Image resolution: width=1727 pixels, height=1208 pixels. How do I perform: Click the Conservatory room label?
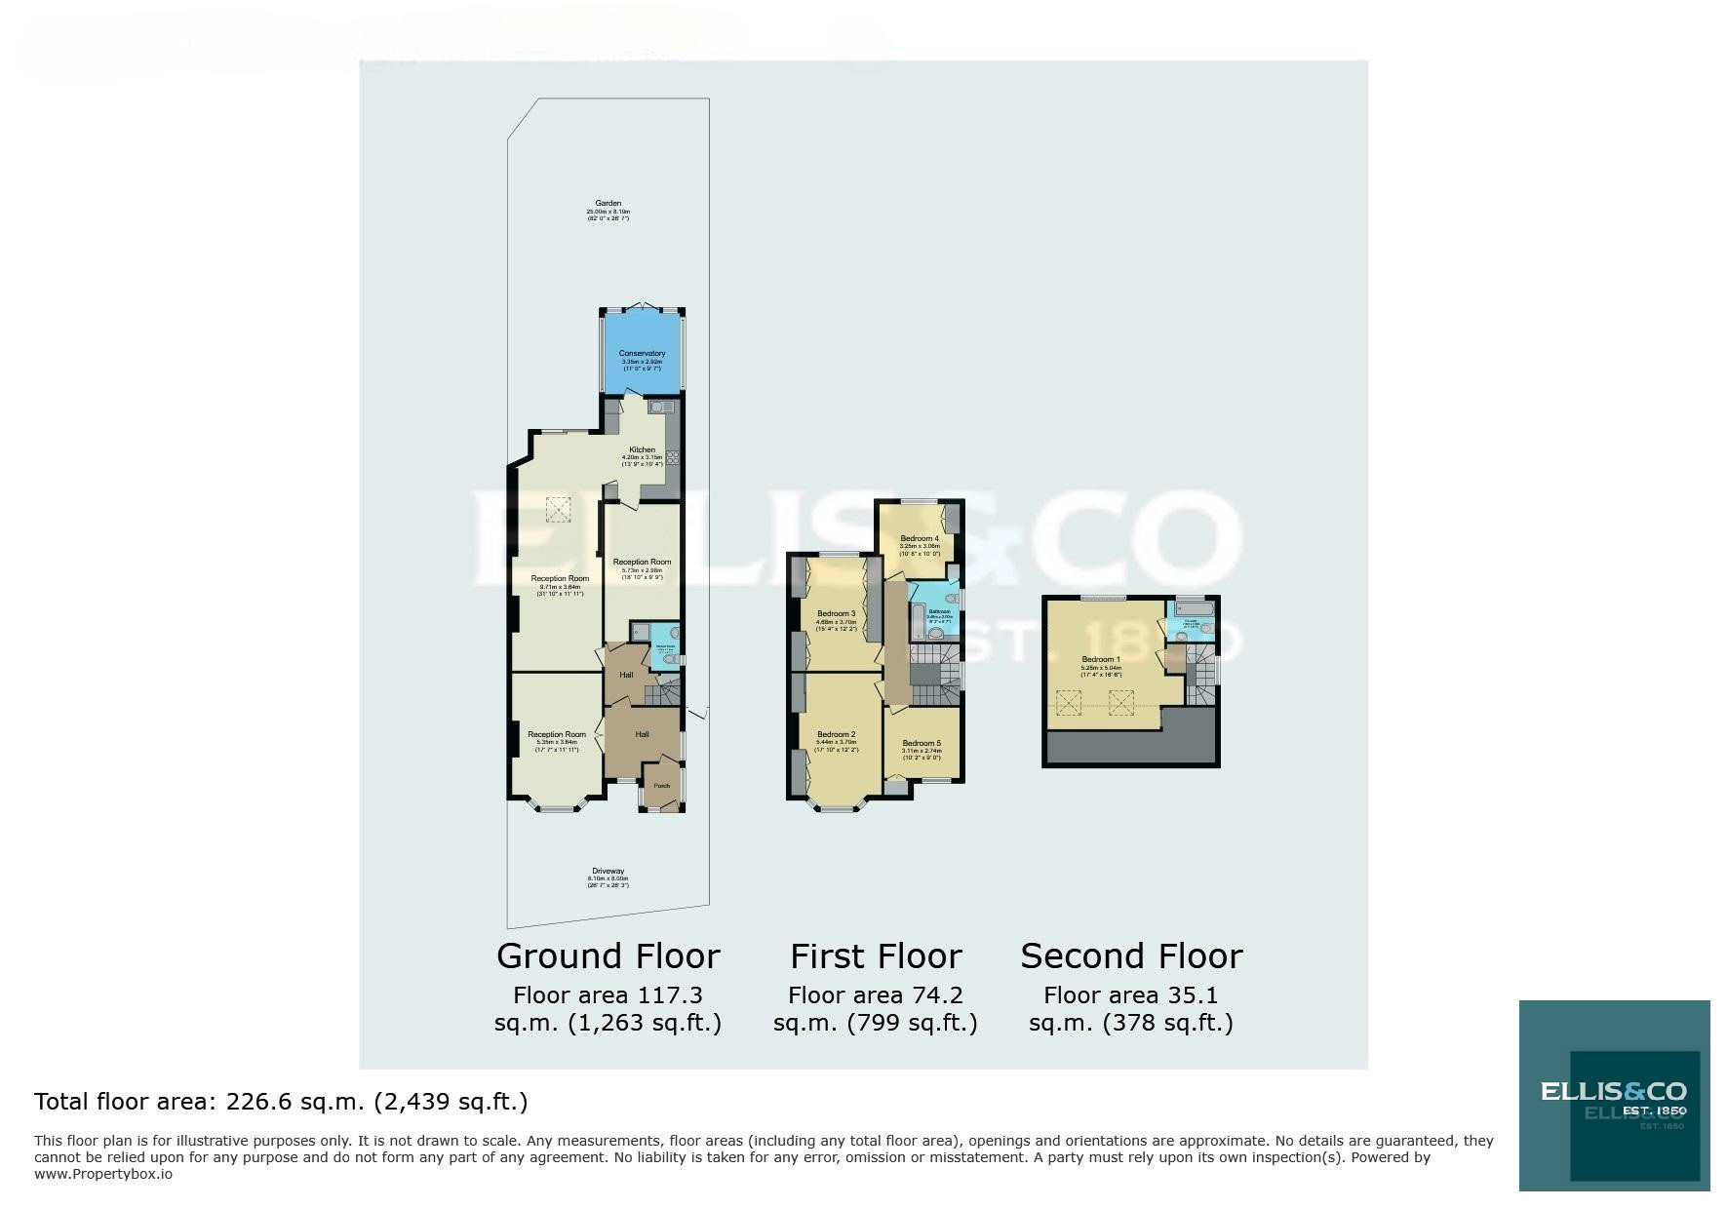[642, 354]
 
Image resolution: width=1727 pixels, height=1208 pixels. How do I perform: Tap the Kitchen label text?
[642, 449]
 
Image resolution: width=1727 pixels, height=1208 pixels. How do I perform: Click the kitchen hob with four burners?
[672, 457]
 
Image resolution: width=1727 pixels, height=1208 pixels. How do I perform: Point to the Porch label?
[661, 786]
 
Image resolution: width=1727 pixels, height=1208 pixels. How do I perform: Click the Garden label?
[608, 204]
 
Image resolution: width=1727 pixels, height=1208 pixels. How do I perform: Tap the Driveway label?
[608, 871]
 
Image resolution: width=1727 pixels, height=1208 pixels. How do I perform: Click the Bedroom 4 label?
[919, 539]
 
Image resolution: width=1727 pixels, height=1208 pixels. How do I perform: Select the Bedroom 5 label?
[922, 743]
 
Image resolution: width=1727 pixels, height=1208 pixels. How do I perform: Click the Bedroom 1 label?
[1100, 660]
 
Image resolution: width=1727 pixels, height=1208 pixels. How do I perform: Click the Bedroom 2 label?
[836, 735]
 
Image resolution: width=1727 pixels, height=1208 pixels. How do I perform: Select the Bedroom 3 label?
[836, 614]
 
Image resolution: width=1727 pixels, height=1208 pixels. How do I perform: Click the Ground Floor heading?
[608, 956]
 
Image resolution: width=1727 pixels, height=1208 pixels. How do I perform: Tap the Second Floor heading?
[1131, 956]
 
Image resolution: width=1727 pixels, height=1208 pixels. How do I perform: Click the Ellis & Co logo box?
[1614, 1095]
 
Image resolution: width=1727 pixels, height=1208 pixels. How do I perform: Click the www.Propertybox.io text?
[103, 1174]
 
